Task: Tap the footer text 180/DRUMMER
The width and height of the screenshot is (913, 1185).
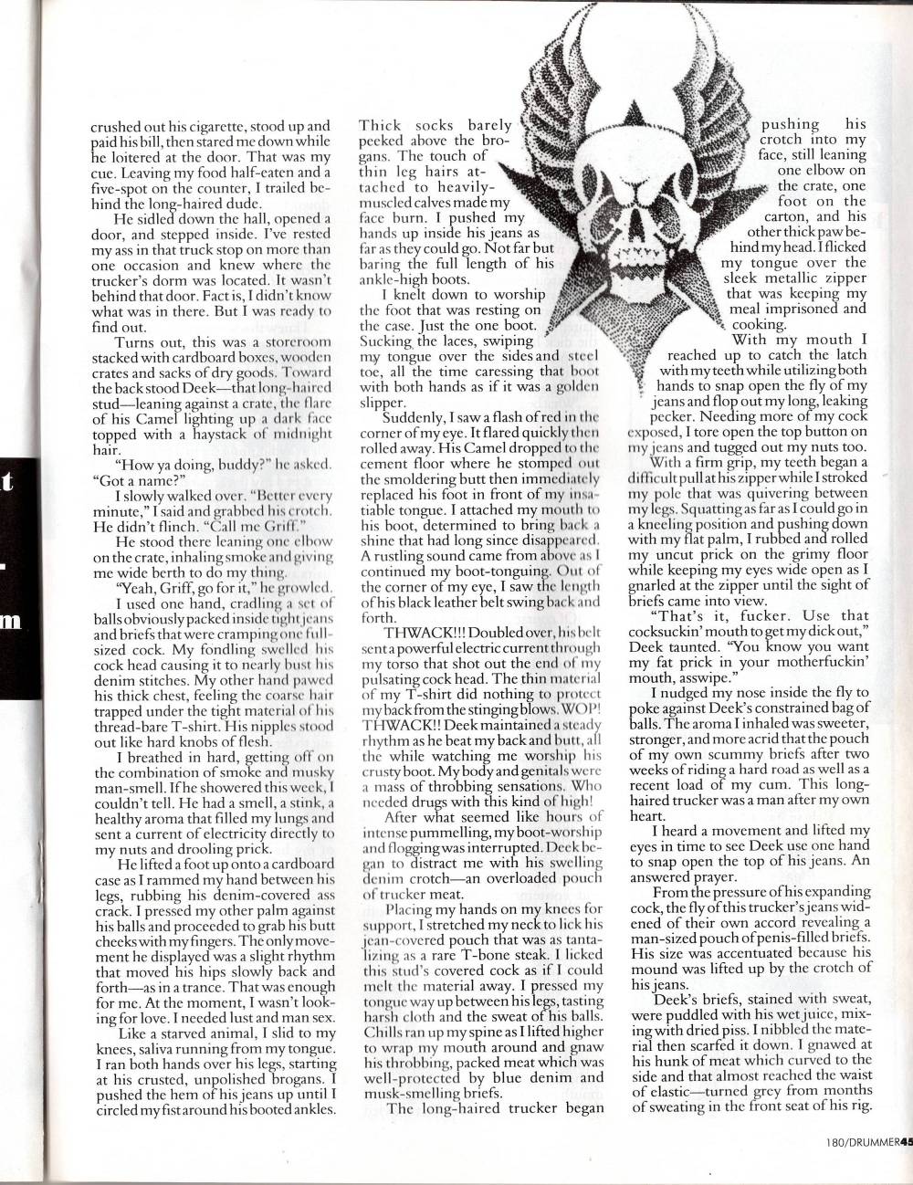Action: [x=857, y=1164]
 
